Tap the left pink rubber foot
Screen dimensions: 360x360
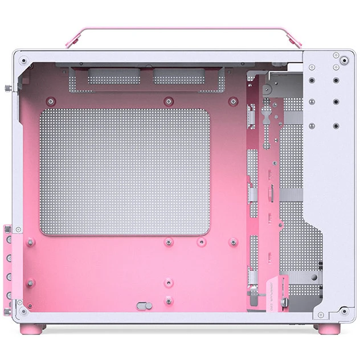[x=27, y=329]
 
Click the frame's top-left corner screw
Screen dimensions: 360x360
[x=23, y=59]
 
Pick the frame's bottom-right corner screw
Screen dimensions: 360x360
[x=344, y=311]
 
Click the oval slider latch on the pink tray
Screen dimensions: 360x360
[x=142, y=305]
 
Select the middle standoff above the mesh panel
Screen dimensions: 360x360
[x=168, y=102]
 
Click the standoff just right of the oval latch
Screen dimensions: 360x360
[x=168, y=300]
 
